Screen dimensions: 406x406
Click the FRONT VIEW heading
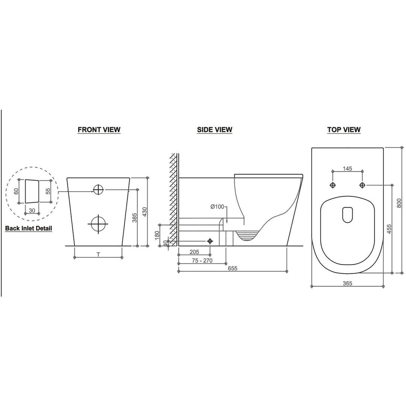coord(99,130)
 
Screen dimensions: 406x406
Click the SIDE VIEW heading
coord(215,130)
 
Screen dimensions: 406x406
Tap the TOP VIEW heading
coord(344,130)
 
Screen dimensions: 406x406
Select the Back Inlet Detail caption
coord(29,228)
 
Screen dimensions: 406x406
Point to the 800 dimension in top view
coord(399,203)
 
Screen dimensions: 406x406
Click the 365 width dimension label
coord(347,283)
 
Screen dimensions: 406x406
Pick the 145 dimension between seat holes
coord(347,168)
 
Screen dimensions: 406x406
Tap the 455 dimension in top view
coord(389,229)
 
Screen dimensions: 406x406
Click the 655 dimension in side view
coord(232,268)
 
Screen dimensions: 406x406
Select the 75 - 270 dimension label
coord(202,261)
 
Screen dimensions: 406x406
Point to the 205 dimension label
coord(194,252)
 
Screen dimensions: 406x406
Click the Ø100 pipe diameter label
coord(217,207)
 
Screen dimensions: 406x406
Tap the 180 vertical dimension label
coord(157,235)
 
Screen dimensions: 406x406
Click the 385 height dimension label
coord(135,217)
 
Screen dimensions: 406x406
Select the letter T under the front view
coord(98,255)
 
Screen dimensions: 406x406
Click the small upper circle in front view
coord(98,190)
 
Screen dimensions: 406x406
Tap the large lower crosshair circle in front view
coord(98,224)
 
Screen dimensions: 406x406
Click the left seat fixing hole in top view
coord(333,185)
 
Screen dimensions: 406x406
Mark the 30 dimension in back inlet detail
coord(32,211)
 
